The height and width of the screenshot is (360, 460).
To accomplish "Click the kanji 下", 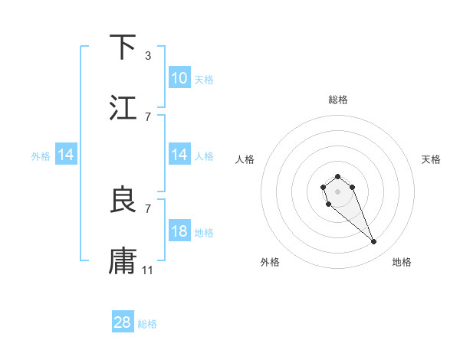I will pyautogui.click(x=123, y=47).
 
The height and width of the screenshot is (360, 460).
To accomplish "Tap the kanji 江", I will pyautogui.click(x=123, y=108).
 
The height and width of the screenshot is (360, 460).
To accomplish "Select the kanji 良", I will pyautogui.click(x=123, y=200).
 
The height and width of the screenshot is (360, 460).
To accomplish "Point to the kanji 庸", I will pyautogui.click(x=123, y=261).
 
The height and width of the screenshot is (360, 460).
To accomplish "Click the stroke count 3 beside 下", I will pyautogui.click(x=148, y=55).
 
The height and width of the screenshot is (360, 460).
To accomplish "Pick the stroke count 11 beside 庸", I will pyautogui.click(x=148, y=270).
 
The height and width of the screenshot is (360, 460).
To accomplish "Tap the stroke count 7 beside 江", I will pyautogui.click(x=148, y=116).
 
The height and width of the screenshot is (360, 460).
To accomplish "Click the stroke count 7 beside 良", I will pyautogui.click(x=148, y=208).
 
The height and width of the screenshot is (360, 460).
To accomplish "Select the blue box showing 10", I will pyautogui.click(x=179, y=78).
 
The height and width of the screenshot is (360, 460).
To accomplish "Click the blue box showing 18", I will pyautogui.click(x=179, y=231).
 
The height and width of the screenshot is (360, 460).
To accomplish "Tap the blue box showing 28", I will pyautogui.click(x=123, y=322).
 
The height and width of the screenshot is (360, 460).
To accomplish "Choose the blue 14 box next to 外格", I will pyautogui.click(x=66, y=155).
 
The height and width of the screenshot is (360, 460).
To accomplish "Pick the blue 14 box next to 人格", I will pyautogui.click(x=179, y=155).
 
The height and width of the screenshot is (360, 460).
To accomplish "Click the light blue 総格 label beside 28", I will pyautogui.click(x=147, y=324).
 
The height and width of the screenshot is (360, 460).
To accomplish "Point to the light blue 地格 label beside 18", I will pyautogui.click(x=204, y=233).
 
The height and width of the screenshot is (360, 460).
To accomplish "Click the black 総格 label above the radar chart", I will pyautogui.click(x=338, y=100).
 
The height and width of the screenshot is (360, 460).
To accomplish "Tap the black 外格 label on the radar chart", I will pyautogui.click(x=270, y=263).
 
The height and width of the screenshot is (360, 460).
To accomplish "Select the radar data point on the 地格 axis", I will pyautogui.click(x=374, y=242).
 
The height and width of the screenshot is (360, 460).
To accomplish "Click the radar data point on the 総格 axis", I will pyautogui.click(x=338, y=176).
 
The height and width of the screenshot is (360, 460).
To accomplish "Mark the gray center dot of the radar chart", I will pyautogui.click(x=338, y=191).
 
